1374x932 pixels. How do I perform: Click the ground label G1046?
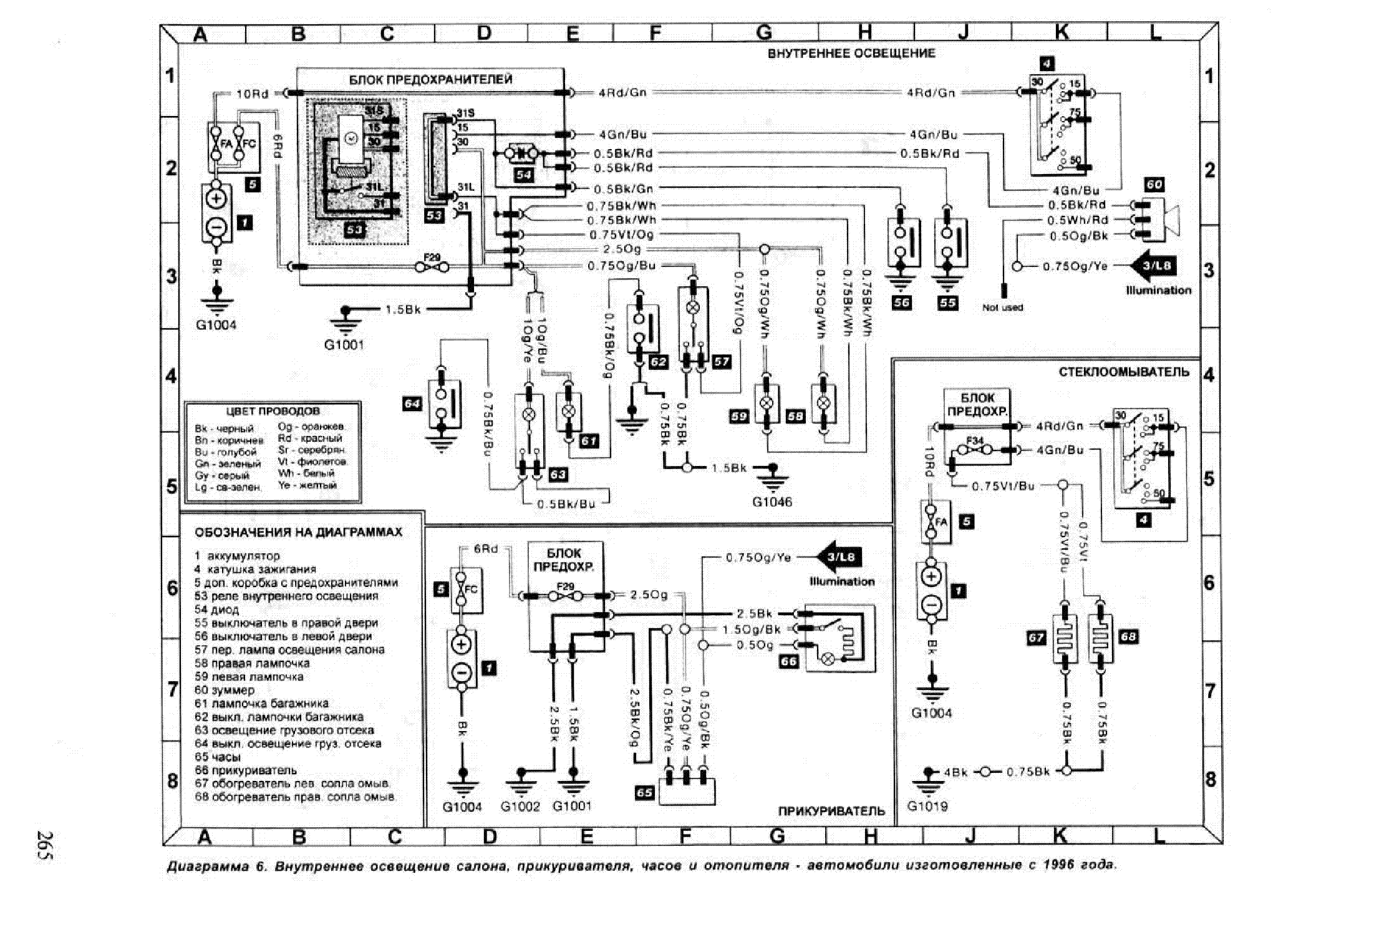772,502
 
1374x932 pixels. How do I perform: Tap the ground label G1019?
927,806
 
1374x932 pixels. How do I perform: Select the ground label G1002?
520,806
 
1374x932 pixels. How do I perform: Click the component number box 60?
1154,185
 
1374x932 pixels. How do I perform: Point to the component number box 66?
789,661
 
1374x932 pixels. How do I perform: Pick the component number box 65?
644,792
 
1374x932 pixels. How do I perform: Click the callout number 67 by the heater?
1036,637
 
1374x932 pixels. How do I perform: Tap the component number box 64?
412,404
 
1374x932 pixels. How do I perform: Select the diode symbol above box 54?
523,153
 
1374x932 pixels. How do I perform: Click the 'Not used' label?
1002,308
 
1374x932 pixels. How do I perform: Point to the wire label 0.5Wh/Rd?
1077,220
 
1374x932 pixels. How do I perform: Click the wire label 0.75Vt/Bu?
1003,486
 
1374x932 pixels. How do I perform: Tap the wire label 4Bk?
955,772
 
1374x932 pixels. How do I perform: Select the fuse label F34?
974,440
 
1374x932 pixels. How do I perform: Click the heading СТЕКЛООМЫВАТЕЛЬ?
1123,372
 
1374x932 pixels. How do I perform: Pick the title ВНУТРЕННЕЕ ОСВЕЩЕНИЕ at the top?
851,54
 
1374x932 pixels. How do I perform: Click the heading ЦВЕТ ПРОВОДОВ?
273,411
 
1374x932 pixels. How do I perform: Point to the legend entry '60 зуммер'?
225,690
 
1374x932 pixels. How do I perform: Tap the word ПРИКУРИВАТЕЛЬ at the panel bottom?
831,811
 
